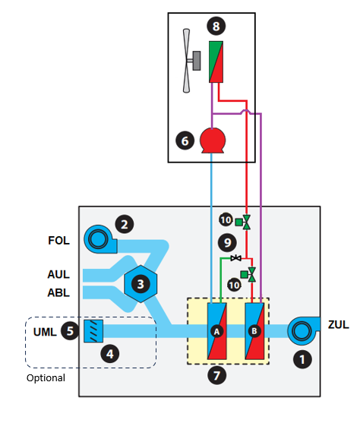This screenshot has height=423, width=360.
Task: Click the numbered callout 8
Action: click(216, 26)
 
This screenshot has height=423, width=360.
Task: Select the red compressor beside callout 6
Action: click(213, 140)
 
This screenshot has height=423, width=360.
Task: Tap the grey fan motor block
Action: click(197, 61)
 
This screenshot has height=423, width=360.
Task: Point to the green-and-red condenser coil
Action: click(216, 62)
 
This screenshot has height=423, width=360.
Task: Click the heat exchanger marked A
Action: click(216, 331)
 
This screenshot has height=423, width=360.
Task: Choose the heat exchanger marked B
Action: click(254, 331)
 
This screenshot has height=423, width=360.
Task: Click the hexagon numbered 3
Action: click(141, 284)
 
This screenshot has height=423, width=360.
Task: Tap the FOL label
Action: click(58, 241)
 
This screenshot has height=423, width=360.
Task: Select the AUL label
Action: click(58, 274)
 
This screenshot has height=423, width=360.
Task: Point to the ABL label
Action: click(58, 292)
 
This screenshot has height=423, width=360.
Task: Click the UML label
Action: click(45, 332)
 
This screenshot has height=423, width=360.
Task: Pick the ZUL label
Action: click(339, 324)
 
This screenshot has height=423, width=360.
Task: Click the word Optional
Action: click(46, 378)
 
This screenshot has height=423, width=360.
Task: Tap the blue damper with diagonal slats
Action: click(93, 331)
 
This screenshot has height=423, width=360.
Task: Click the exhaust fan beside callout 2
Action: click(99, 239)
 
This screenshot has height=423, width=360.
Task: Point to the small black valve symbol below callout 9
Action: click(236, 258)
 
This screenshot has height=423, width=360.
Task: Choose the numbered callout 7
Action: click(217, 375)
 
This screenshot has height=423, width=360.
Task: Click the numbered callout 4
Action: click(110, 354)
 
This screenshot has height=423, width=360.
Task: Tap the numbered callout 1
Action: click(302, 359)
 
